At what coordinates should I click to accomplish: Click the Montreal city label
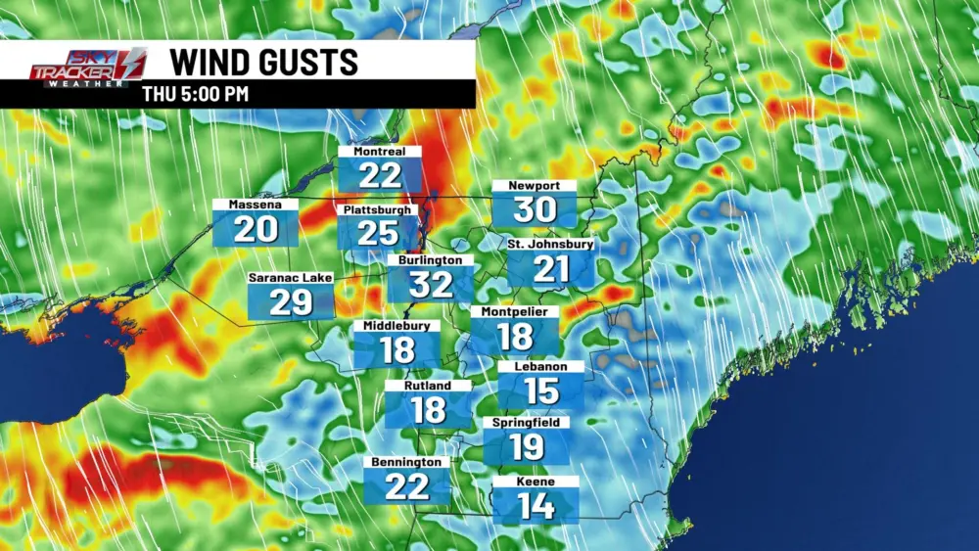pyautogui.click(x=380, y=152)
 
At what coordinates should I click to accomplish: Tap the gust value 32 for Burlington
pyautogui.click(x=431, y=284)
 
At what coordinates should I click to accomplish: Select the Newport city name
pyautogui.click(x=535, y=186)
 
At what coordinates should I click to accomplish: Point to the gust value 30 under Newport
pyautogui.click(x=535, y=209)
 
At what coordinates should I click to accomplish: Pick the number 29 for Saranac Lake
pyautogui.click(x=291, y=302)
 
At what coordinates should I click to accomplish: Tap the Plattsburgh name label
pyautogui.click(x=379, y=209)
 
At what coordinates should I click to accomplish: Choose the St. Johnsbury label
pyautogui.click(x=550, y=244)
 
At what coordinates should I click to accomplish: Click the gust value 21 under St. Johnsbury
pyautogui.click(x=550, y=269)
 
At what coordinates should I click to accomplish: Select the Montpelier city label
pyautogui.click(x=515, y=311)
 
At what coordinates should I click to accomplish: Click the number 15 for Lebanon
pyautogui.click(x=541, y=390)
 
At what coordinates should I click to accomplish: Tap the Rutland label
pyautogui.click(x=428, y=386)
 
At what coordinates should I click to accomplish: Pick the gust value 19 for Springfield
pyautogui.click(x=527, y=447)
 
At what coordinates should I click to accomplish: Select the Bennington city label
pyautogui.click(x=407, y=462)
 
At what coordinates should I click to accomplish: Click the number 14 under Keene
pyautogui.click(x=536, y=506)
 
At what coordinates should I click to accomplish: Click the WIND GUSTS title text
pyautogui.click(x=264, y=61)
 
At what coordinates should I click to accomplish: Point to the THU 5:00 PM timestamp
pyautogui.click(x=195, y=95)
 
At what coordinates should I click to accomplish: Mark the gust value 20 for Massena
pyautogui.click(x=256, y=231)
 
